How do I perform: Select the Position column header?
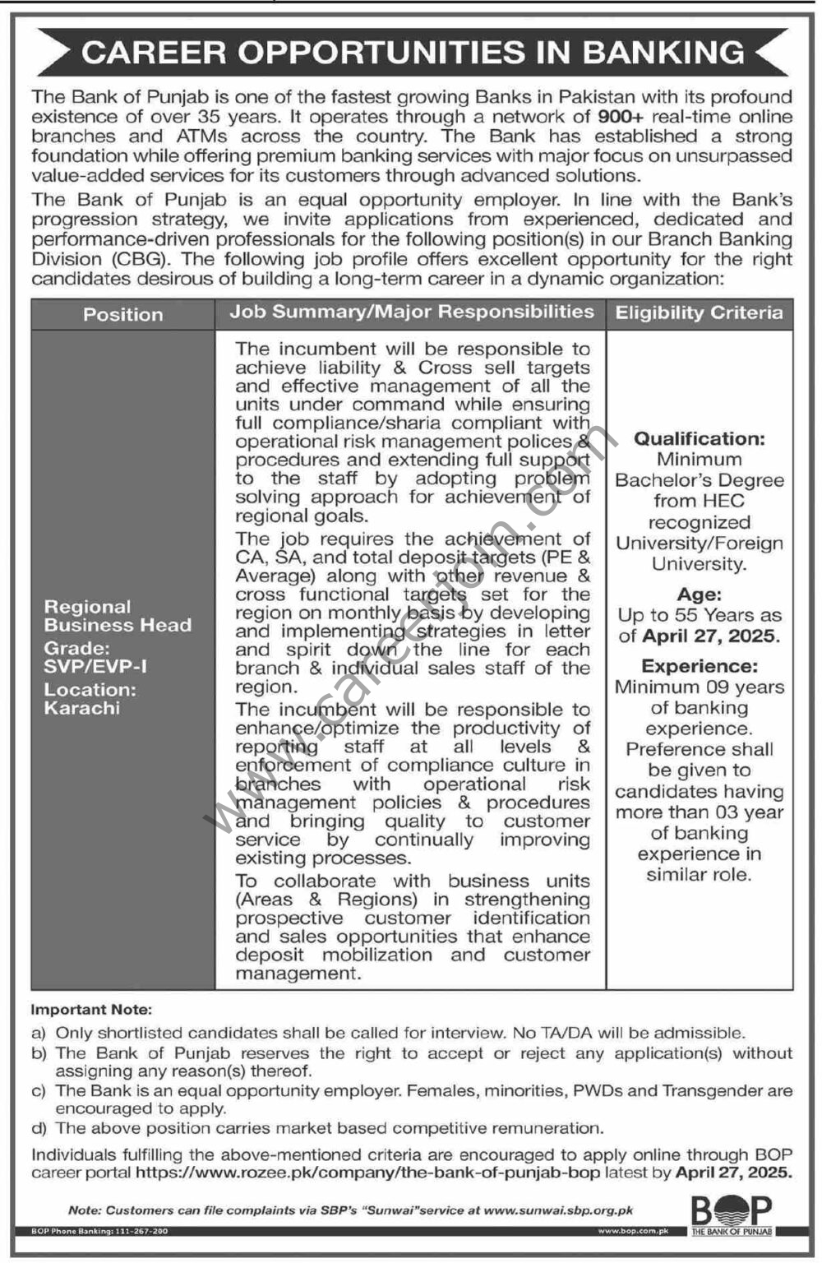pyautogui.click(x=122, y=314)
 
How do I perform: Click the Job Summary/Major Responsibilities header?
pyautogui.click(x=411, y=312)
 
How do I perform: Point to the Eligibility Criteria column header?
pyautogui.click(x=699, y=312)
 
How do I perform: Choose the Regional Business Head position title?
pyautogui.click(x=118, y=616)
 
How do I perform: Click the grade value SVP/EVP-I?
pyautogui.click(x=95, y=667)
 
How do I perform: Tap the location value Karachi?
pyautogui.click(x=81, y=708)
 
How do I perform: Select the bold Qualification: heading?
pyautogui.click(x=699, y=438)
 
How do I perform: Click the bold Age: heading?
pyautogui.click(x=699, y=594)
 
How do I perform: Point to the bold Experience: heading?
pyautogui.click(x=700, y=666)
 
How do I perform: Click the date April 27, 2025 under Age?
pyautogui.click(x=709, y=636)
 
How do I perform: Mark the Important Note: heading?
pyautogui.click(x=91, y=1010)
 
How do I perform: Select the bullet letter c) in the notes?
pyautogui.click(x=39, y=1091)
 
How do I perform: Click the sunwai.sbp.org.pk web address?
pyautogui.click(x=558, y=1210)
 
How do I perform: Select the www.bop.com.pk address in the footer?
pyautogui.click(x=634, y=1232)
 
